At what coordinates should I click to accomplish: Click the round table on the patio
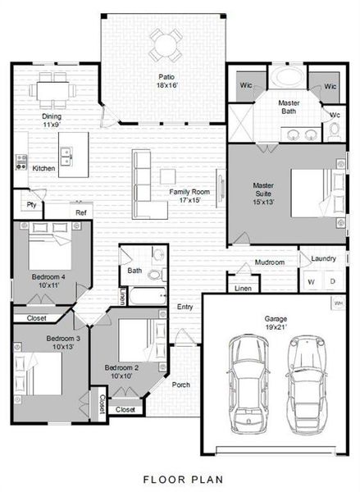(x=166, y=43)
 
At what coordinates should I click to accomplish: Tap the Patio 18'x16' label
(x=168, y=80)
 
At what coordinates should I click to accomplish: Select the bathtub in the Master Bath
(x=288, y=80)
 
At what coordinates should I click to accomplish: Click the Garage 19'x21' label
(x=276, y=322)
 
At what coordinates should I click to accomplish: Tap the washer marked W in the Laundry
(x=311, y=282)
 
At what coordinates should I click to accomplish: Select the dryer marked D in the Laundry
(x=332, y=282)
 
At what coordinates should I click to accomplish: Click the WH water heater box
(x=338, y=303)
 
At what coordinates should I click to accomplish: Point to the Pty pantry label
(x=31, y=205)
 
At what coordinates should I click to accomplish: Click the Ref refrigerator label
(x=80, y=212)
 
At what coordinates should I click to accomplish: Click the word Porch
(x=181, y=384)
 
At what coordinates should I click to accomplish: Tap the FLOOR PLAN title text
(x=180, y=478)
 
